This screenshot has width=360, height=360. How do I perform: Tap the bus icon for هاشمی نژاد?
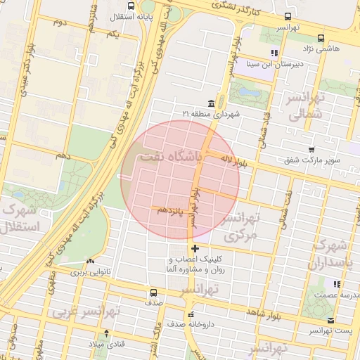tap(321, 39)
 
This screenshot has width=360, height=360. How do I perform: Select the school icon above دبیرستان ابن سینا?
tap(274, 53)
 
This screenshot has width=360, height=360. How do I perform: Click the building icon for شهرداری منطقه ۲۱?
tap(211, 103)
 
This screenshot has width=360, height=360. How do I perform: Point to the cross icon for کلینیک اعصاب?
tap(195, 248)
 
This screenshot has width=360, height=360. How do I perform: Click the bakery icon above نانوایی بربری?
tap(89, 260)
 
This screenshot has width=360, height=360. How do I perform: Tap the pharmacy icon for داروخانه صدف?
tap(190, 314)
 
